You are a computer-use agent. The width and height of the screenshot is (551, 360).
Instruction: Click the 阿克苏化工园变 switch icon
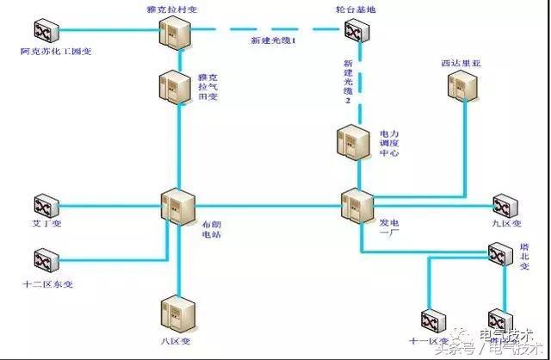(x=45, y=33)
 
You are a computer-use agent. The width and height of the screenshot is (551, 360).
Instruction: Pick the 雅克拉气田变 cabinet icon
(x=174, y=87)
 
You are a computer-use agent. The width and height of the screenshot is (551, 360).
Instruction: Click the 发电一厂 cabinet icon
(x=356, y=207)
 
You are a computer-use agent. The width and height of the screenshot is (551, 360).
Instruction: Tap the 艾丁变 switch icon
(x=45, y=207)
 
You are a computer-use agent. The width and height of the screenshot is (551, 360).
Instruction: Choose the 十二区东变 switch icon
(x=45, y=258)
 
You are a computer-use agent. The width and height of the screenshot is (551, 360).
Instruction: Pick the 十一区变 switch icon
(x=431, y=320)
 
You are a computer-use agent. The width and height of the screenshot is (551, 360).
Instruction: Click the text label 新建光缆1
(x=273, y=41)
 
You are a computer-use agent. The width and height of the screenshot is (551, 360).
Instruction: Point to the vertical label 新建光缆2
(x=348, y=83)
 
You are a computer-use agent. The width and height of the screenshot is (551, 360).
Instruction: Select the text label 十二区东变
(x=47, y=283)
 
